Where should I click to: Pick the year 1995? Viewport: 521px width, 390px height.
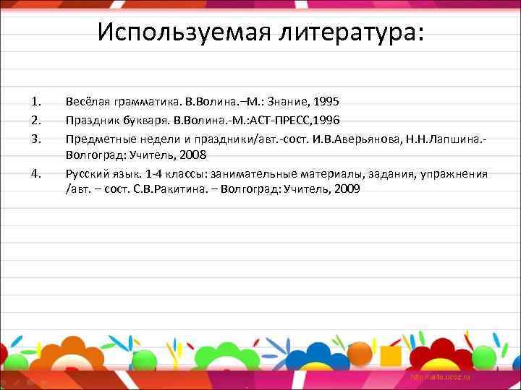coord(326,102)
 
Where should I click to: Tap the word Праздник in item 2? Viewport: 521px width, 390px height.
coord(90,119)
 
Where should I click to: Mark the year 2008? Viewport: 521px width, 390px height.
coord(192,155)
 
